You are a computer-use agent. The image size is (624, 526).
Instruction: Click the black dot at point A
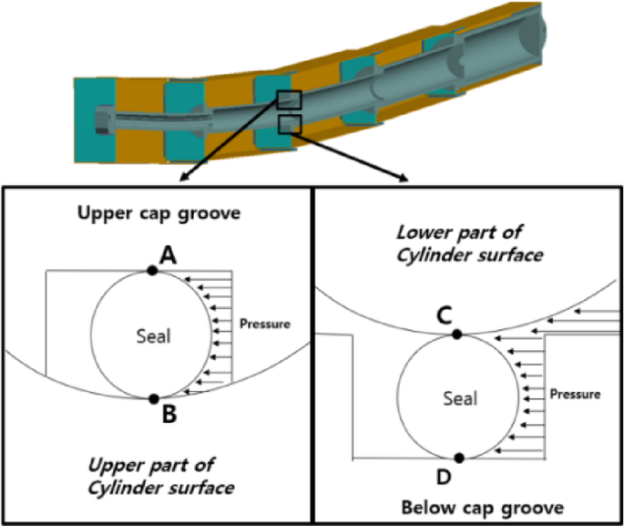pos(153,270)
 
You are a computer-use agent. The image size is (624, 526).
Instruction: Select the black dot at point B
pos(153,398)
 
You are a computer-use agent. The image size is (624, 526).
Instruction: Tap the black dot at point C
pos(457,335)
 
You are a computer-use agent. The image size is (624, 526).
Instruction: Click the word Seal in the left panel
pos(153,335)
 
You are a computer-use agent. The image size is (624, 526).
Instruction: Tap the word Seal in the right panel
pos(459,398)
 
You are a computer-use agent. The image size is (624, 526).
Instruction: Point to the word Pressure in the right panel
pos(576,395)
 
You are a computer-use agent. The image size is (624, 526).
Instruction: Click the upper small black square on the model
pos(291,100)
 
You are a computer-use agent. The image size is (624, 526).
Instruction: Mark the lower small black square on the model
pos(290,123)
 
